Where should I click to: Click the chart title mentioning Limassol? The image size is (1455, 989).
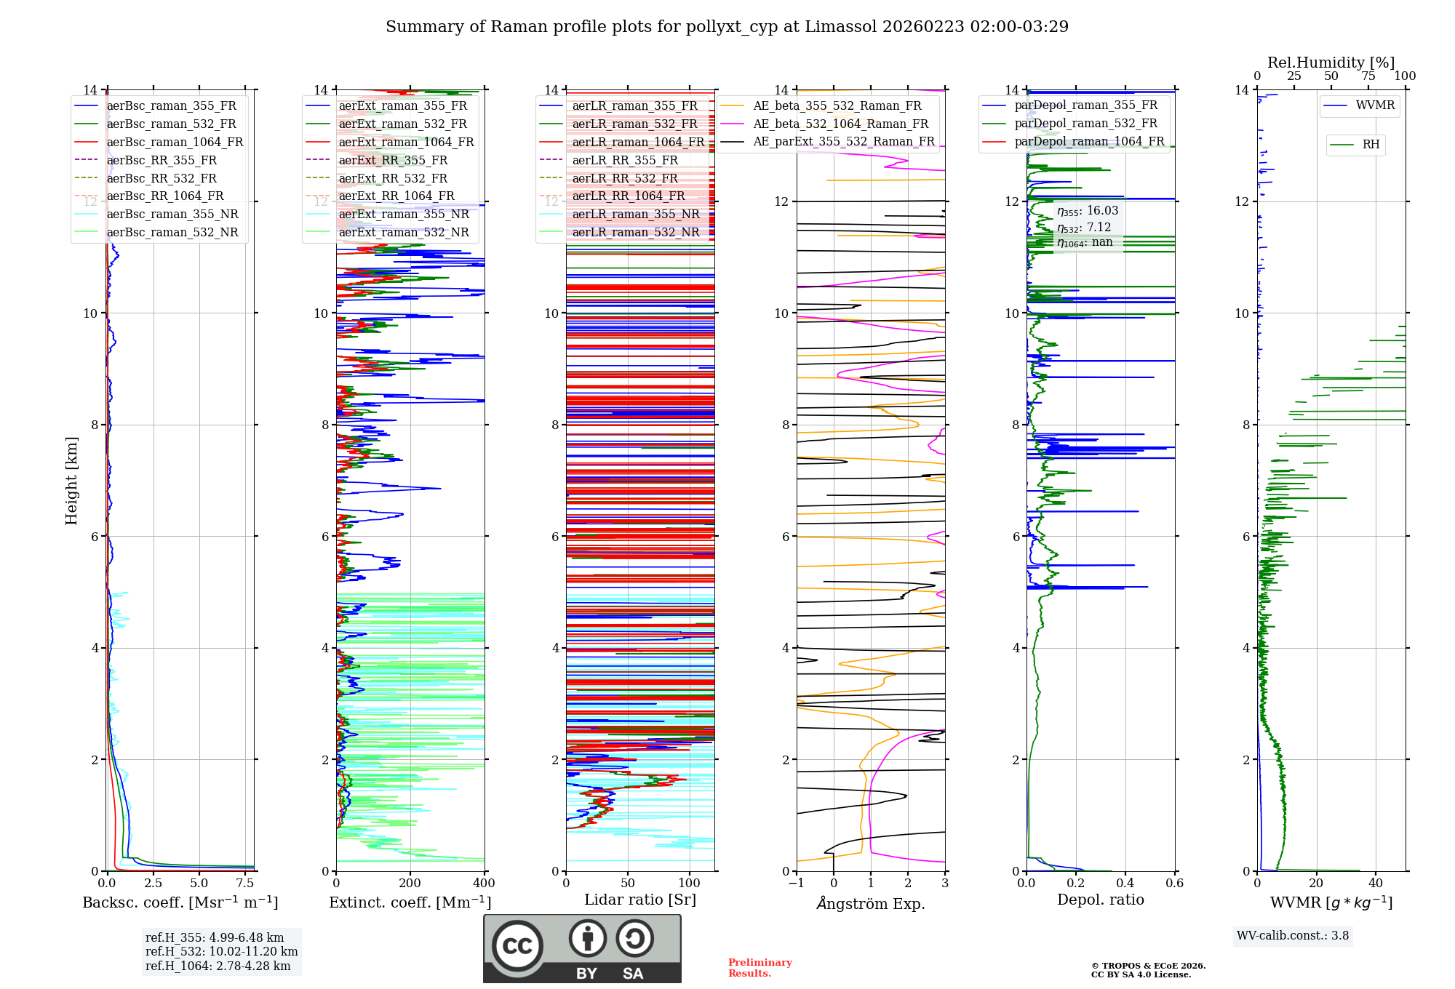tap(727, 27)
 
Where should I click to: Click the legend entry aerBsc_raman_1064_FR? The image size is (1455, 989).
tap(175, 143)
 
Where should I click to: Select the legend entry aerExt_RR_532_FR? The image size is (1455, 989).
tap(393, 178)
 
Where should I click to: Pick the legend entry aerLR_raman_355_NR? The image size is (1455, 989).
tap(635, 215)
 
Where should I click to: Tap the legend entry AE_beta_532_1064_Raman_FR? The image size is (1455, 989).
tap(840, 124)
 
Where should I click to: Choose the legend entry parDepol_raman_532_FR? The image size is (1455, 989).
tap(1085, 124)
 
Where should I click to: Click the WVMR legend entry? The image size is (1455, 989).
tap(1375, 106)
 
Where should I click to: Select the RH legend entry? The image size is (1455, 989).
tap(1371, 145)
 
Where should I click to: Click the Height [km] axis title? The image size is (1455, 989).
tap(71, 480)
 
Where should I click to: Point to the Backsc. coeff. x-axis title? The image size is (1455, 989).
tap(180, 902)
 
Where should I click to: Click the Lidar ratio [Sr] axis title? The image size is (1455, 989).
tap(640, 900)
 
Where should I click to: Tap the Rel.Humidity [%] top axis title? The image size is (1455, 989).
tap(1331, 63)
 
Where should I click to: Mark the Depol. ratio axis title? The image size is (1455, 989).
tap(1100, 900)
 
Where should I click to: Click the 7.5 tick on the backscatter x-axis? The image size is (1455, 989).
tap(245, 884)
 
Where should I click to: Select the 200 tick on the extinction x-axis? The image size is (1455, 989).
tap(410, 884)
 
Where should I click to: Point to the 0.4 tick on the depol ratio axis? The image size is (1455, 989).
tap(1125, 884)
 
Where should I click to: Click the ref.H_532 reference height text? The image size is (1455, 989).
tap(221, 952)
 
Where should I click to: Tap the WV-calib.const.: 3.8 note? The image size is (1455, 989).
tap(1293, 936)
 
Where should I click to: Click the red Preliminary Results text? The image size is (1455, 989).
tap(760, 968)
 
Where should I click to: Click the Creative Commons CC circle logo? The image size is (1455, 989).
tap(517, 945)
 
